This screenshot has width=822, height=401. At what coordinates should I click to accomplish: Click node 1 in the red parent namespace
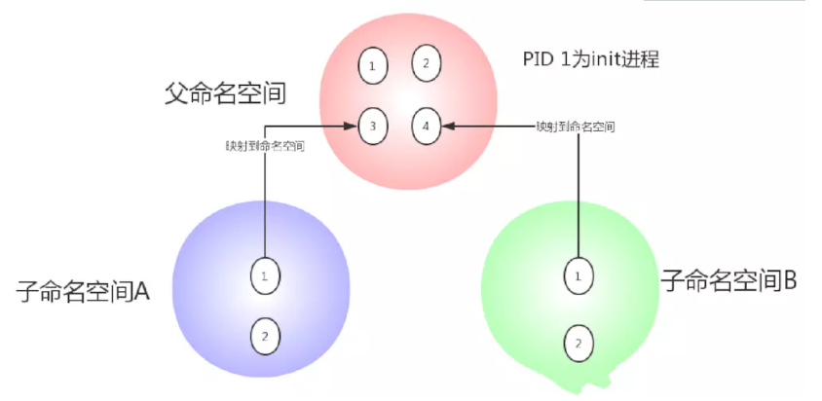(371, 66)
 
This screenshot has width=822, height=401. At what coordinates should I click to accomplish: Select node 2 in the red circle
(425, 63)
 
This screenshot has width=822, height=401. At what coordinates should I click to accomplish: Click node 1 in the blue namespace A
(263, 276)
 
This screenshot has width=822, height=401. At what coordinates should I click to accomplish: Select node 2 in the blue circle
(263, 337)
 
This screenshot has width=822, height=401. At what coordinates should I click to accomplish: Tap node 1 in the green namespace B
(579, 276)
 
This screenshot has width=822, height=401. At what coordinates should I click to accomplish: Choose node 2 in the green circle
(579, 343)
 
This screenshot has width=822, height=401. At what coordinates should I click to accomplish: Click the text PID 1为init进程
(591, 59)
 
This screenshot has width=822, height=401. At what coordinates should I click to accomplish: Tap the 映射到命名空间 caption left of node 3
(265, 146)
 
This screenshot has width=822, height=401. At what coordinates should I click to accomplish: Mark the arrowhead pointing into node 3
(353, 126)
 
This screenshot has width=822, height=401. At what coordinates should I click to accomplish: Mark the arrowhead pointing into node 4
(448, 126)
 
